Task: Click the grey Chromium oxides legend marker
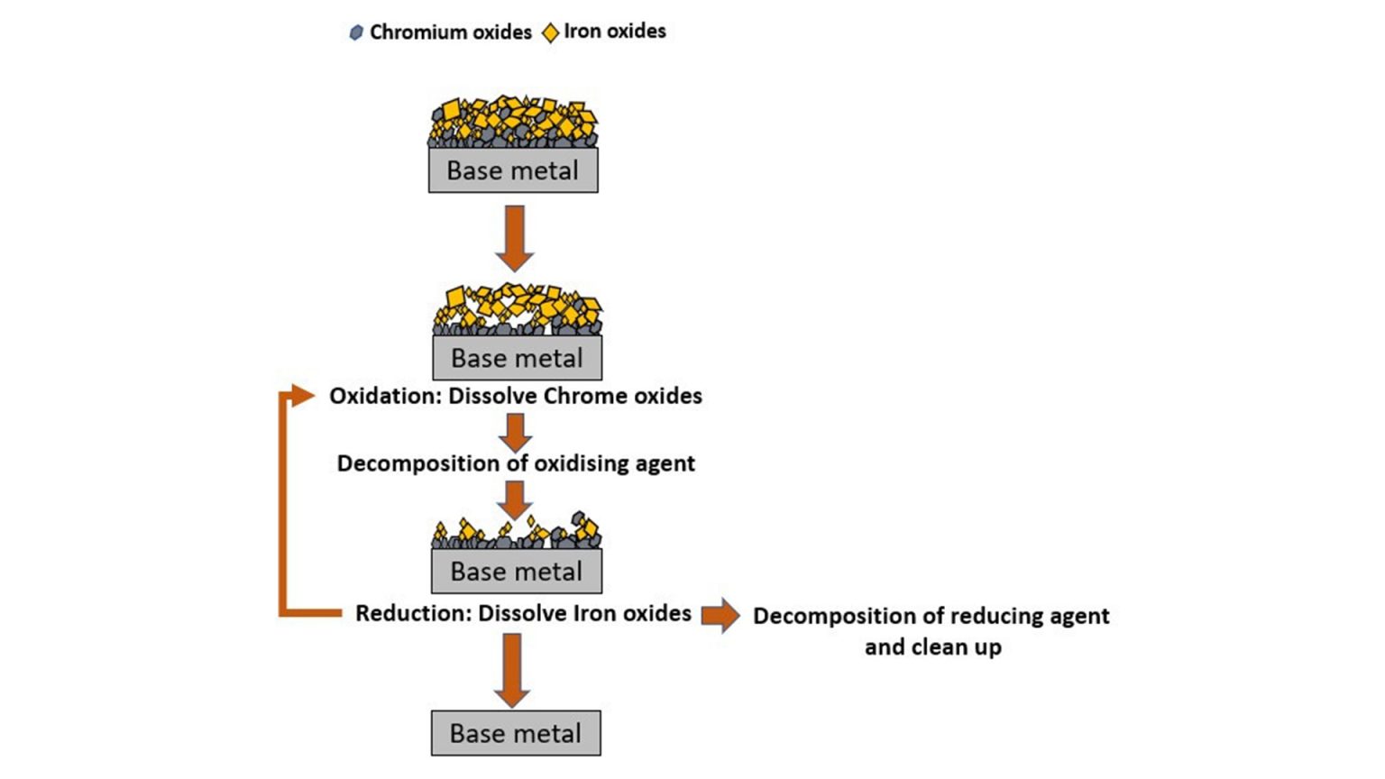(356, 33)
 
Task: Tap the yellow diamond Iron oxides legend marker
(550, 33)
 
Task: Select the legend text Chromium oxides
(450, 32)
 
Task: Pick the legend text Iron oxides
(614, 32)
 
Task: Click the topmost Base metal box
(513, 170)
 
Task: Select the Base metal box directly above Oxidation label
(517, 358)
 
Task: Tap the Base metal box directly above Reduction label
(516, 572)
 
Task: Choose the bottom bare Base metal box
(515, 733)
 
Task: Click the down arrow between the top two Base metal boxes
(514, 237)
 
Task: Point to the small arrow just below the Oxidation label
(515, 432)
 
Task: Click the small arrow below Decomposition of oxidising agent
(514, 499)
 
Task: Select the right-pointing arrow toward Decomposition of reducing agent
(720, 615)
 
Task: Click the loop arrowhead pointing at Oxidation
(299, 395)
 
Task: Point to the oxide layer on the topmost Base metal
(513, 123)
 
